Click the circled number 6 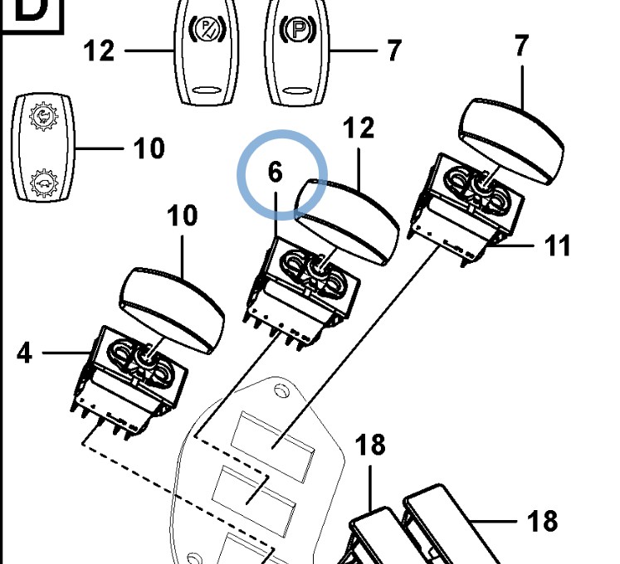[276, 173]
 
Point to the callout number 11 [557, 246]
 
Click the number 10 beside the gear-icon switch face [149, 148]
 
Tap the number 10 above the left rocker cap [182, 216]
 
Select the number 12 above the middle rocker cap [359, 129]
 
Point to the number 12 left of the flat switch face [99, 51]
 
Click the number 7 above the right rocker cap [521, 46]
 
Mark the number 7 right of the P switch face [393, 51]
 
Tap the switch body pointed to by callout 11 [470, 203]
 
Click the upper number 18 [370, 445]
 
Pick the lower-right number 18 [543, 521]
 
